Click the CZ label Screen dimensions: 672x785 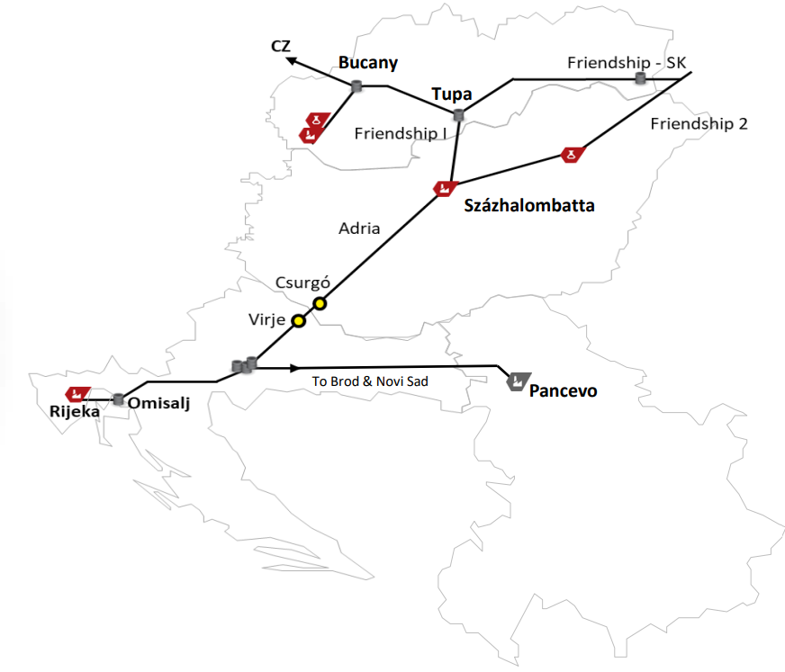pos(280,46)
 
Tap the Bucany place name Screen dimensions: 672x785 pos(367,62)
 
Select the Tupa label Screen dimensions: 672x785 pos(452,94)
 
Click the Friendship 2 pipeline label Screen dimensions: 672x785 pos(699,124)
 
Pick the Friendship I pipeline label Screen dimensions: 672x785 pos(400,133)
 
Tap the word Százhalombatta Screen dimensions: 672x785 pos(528,205)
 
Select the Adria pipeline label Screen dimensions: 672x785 pos(359,228)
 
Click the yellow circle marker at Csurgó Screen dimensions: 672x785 pos(319,303)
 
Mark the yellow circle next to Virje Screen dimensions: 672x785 pos(299,321)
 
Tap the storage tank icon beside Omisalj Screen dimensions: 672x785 pos(118,399)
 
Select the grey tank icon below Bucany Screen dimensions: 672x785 pos(356,86)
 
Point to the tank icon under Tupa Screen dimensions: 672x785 pos(459,115)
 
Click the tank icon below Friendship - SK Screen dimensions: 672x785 pos(640,79)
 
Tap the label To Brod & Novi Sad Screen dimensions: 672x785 pos(370,381)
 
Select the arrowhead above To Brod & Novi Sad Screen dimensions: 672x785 pos(293,367)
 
